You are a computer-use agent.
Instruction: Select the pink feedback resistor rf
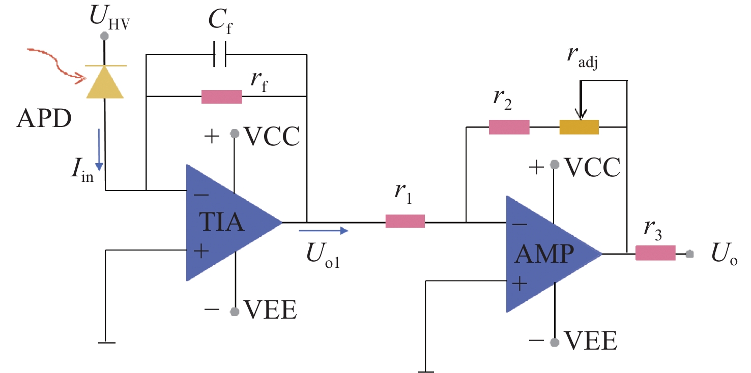point(222,97)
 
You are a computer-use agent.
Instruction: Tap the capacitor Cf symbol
point(220,54)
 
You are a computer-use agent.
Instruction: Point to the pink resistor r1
point(405,222)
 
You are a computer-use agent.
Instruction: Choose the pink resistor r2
point(509,127)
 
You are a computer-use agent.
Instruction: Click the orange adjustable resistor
point(579,127)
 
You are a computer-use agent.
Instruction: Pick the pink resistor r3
point(655,253)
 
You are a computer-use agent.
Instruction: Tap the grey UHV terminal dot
point(105,36)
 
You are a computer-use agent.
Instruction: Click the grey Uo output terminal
point(689,254)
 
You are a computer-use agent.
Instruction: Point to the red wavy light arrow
point(56,65)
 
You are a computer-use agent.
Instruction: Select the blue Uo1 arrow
point(324,230)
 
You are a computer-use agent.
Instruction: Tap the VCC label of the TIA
point(272,136)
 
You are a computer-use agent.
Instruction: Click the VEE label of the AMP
point(591,340)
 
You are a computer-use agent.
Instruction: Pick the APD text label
point(44,118)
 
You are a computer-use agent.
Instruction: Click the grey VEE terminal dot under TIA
point(235,312)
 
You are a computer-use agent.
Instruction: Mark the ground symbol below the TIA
point(107,343)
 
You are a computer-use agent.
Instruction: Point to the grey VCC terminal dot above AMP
point(555,165)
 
